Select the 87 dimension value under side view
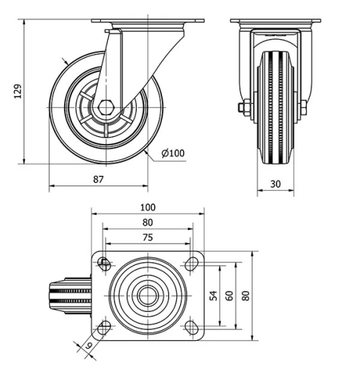pyautogui.click(x=99, y=179)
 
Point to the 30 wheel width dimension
pyautogui.click(x=275, y=184)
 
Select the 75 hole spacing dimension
pyautogui.click(x=148, y=237)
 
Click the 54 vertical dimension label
pyautogui.click(x=213, y=295)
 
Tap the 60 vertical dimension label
pyautogui.click(x=229, y=295)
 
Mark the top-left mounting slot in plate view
pyautogui.click(x=105, y=263)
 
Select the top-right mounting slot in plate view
pyautogui.click(x=191, y=264)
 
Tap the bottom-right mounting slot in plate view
pyautogui.click(x=191, y=327)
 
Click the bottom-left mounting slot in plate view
pyautogui.click(x=105, y=328)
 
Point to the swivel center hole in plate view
pyautogui.click(x=148, y=295)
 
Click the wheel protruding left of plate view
pyautogui.click(x=69, y=295)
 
